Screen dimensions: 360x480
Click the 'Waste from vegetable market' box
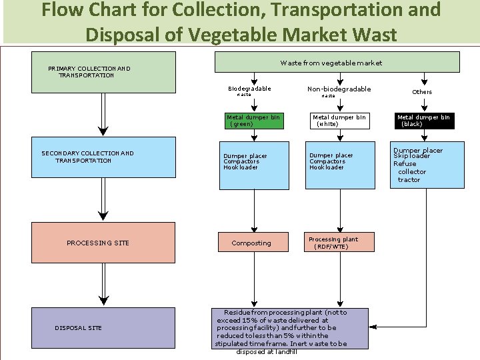pos(337,62)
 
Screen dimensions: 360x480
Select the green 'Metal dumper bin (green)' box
pos(253,121)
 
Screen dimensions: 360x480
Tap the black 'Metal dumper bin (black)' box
pos(423,121)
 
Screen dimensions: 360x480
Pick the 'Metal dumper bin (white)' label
pos(339,121)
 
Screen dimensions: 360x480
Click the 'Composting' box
pos(251,243)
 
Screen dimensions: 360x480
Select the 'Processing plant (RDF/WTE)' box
pos(340,243)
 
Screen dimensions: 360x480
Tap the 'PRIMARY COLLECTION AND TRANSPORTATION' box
pos(103,72)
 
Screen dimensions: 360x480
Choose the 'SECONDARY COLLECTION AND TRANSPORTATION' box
pos(103,157)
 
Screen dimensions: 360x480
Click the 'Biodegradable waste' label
pos(249,91)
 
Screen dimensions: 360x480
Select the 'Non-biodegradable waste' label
pos(339,91)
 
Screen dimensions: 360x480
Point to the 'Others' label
pos(422,92)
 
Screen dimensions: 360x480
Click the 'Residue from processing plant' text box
pos(290,328)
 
